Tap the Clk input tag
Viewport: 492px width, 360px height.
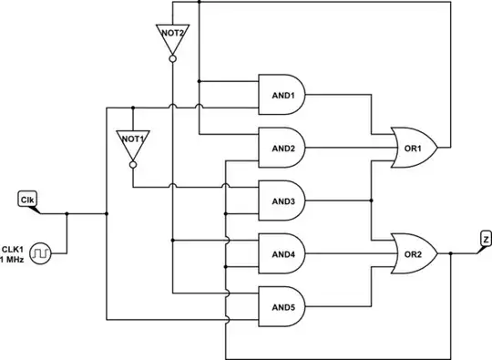(27, 199)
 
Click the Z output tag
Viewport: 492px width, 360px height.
(484, 238)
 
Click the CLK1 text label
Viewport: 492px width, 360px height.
(13, 248)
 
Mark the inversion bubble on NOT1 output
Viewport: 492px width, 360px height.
(133, 166)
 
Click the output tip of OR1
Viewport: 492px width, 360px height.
(440, 146)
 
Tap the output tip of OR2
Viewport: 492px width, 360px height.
(440, 252)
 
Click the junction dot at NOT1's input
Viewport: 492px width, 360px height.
(133, 106)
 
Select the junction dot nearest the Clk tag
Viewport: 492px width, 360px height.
(68, 215)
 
